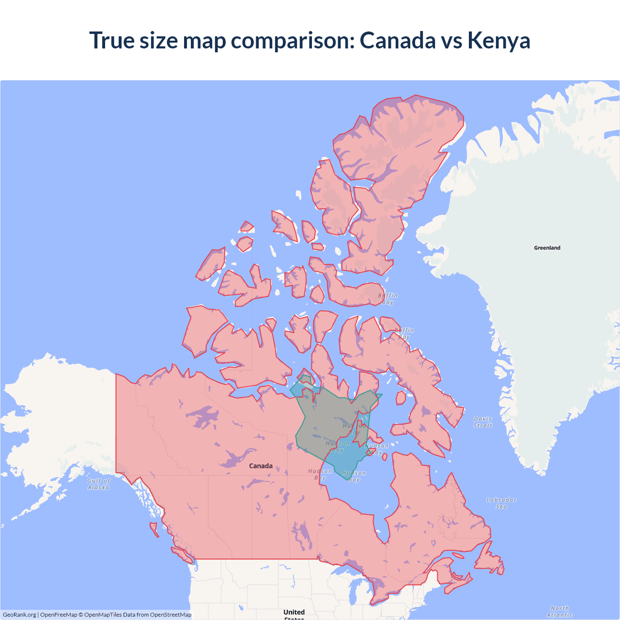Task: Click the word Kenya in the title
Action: [498, 40]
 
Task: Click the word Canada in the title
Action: [397, 40]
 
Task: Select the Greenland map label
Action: [547, 248]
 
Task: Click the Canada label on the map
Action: [261, 465]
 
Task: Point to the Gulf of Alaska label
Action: [99, 484]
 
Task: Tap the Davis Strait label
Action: [482, 422]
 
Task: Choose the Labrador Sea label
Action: [501, 503]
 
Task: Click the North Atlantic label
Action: [559, 611]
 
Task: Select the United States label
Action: [294, 613]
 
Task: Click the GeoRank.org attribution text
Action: [19, 615]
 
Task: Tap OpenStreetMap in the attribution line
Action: [170, 615]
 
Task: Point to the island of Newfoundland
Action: [489, 562]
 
